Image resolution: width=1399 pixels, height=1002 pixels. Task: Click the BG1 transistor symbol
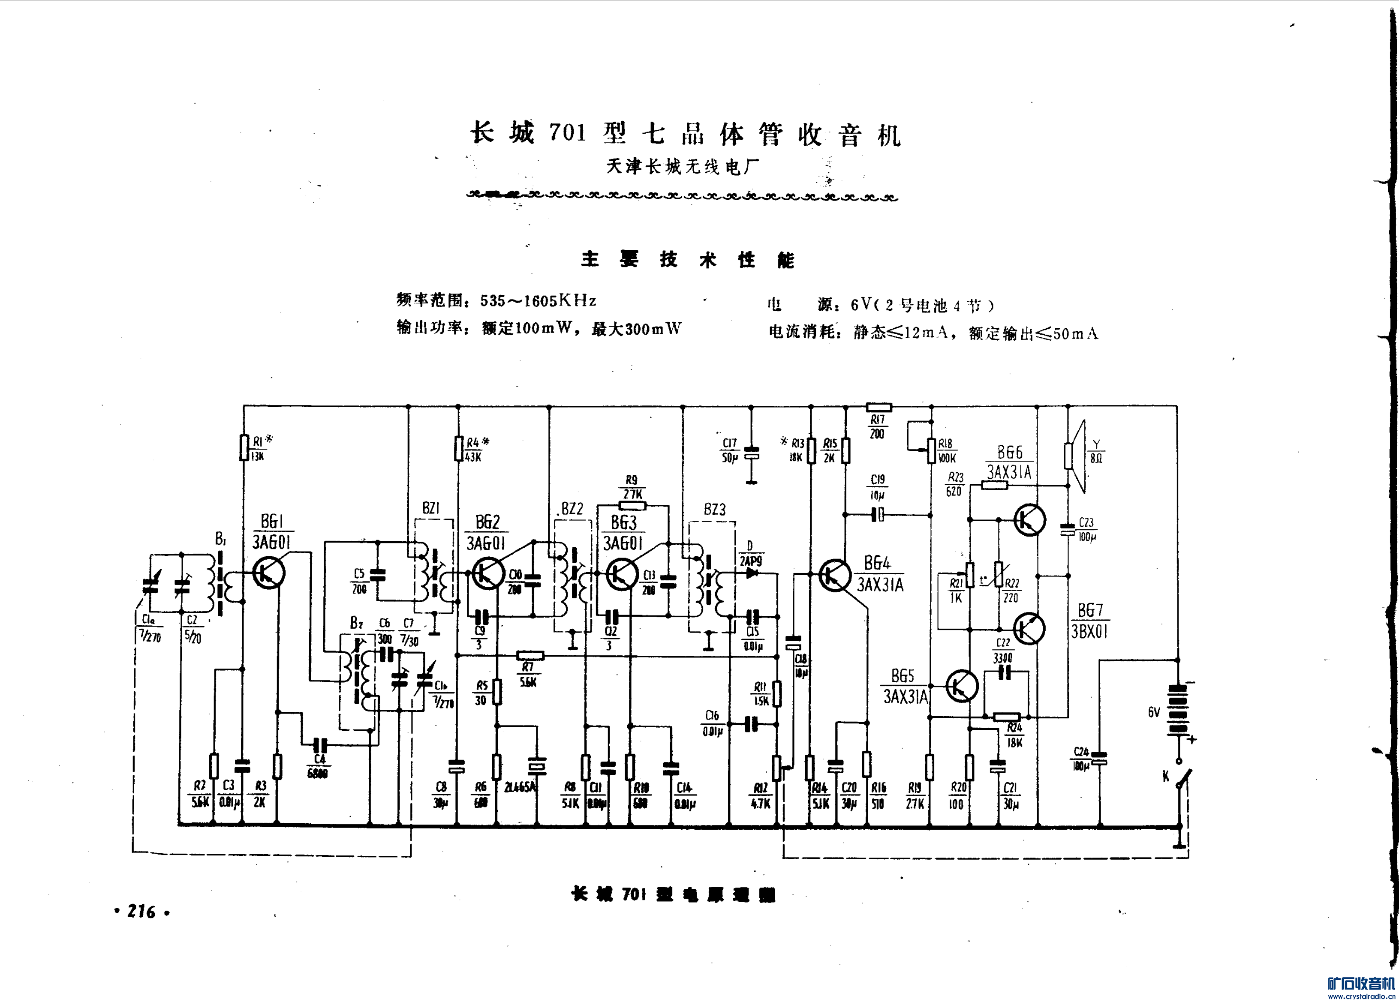[269, 572]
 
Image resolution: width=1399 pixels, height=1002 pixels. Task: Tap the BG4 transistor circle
[835, 575]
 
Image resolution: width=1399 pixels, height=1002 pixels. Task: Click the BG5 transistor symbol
[962, 686]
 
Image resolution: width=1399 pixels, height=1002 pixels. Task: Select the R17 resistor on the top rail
[879, 407]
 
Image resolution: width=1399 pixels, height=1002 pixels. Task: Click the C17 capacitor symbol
[751, 454]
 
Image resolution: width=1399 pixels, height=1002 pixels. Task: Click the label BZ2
[572, 509]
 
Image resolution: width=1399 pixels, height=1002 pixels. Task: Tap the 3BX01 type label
[1089, 631]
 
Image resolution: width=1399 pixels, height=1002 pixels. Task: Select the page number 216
[141, 912]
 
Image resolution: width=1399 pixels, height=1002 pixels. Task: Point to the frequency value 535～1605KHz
[538, 301]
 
